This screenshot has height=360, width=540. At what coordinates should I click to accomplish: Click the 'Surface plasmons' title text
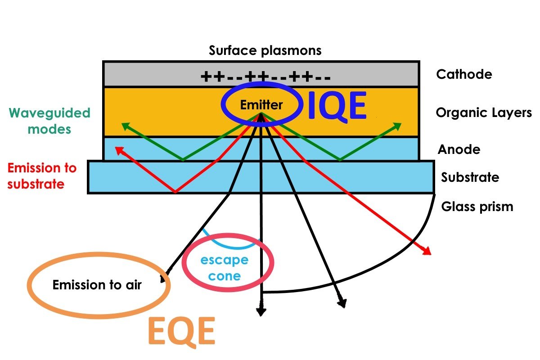[265, 50]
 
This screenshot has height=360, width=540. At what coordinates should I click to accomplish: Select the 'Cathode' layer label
[464, 74]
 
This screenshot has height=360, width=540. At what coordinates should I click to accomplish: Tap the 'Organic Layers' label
[484, 112]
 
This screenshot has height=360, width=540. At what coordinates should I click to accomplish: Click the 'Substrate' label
[470, 177]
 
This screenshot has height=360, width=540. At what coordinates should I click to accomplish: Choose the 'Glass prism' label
[477, 207]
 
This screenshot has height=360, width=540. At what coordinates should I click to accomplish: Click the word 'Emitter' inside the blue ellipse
[261, 105]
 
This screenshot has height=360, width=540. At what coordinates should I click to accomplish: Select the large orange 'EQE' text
[181, 333]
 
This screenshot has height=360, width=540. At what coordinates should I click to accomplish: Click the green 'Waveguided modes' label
[49, 121]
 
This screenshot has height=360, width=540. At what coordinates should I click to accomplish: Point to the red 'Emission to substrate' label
[42, 176]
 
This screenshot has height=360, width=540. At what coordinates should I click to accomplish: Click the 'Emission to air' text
[97, 285]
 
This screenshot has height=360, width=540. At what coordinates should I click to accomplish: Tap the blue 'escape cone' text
[225, 268]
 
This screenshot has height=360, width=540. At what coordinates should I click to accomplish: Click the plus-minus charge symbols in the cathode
[265, 77]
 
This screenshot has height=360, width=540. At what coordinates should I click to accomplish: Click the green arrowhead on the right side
[397, 126]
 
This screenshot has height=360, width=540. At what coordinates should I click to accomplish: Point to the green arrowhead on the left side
[124, 126]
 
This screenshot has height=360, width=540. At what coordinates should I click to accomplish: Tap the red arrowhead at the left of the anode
[119, 149]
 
